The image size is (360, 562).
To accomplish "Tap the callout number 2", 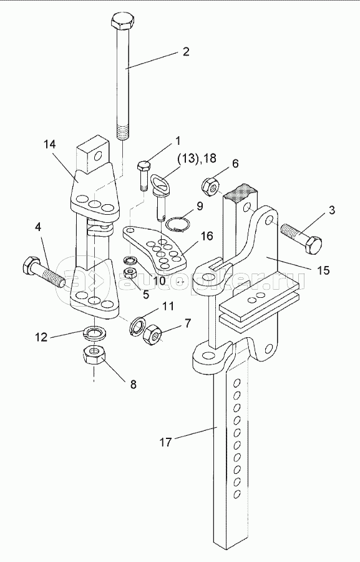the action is pyautogui.click(x=185, y=52).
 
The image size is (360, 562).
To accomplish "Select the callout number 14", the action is pyautogui.click(x=50, y=144).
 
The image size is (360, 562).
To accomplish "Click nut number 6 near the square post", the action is pyautogui.click(x=209, y=185).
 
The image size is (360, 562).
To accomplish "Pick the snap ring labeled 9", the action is pyautogui.click(x=177, y=224).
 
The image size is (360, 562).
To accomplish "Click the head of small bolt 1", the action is pyautogui.click(x=144, y=167).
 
